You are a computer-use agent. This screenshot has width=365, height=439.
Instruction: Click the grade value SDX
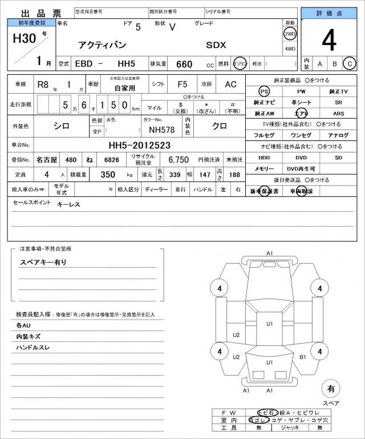tap(216, 44)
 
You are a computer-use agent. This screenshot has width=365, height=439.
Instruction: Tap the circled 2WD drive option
tap(290, 33)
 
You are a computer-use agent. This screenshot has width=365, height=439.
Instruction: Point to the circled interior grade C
tap(349, 64)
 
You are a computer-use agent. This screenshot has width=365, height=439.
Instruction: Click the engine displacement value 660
tap(184, 64)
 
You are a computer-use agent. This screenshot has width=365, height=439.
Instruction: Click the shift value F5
tap(182, 84)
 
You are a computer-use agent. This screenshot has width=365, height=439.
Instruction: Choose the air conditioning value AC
tap(230, 84)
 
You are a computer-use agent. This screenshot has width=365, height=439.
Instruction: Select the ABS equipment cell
tap(338, 113)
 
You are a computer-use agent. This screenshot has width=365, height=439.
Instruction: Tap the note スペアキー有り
tap(43, 262)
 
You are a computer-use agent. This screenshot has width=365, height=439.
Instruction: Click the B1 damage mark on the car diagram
tap(303, 357)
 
